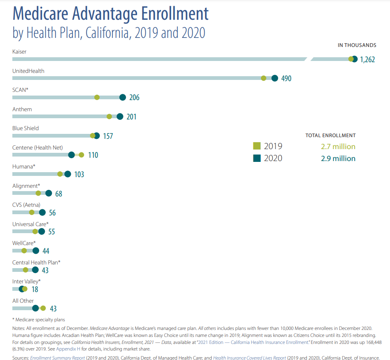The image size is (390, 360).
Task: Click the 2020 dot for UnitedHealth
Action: click(x=275, y=78)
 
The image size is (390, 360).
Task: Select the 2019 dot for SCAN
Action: click(x=97, y=97)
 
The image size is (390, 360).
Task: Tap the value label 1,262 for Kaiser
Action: click(x=367, y=59)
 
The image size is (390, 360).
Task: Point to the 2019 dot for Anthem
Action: click(x=109, y=117)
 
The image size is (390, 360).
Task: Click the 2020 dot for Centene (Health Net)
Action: click(x=71, y=155)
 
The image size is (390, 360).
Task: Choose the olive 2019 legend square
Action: click(x=257, y=146)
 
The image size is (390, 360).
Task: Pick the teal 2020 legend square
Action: click(x=257, y=158)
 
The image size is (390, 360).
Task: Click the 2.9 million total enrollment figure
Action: click(x=338, y=159)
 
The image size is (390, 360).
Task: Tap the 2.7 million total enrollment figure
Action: click(x=338, y=147)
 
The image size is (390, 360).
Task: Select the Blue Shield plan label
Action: click(x=26, y=128)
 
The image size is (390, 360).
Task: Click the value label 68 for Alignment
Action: click(x=58, y=194)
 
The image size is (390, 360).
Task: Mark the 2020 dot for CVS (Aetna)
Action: click(x=42, y=213)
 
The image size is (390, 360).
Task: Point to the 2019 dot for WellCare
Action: click(x=24, y=251)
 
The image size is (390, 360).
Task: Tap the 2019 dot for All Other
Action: click(x=43, y=308)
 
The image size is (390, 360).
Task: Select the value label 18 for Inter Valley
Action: click(x=35, y=290)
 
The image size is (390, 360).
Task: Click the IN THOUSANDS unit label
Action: click(x=357, y=45)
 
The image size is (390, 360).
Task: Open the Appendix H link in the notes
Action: click(x=68, y=348)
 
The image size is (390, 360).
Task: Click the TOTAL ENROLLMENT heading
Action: click(x=330, y=135)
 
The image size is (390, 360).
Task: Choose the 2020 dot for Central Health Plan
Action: click(x=35, y=270)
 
